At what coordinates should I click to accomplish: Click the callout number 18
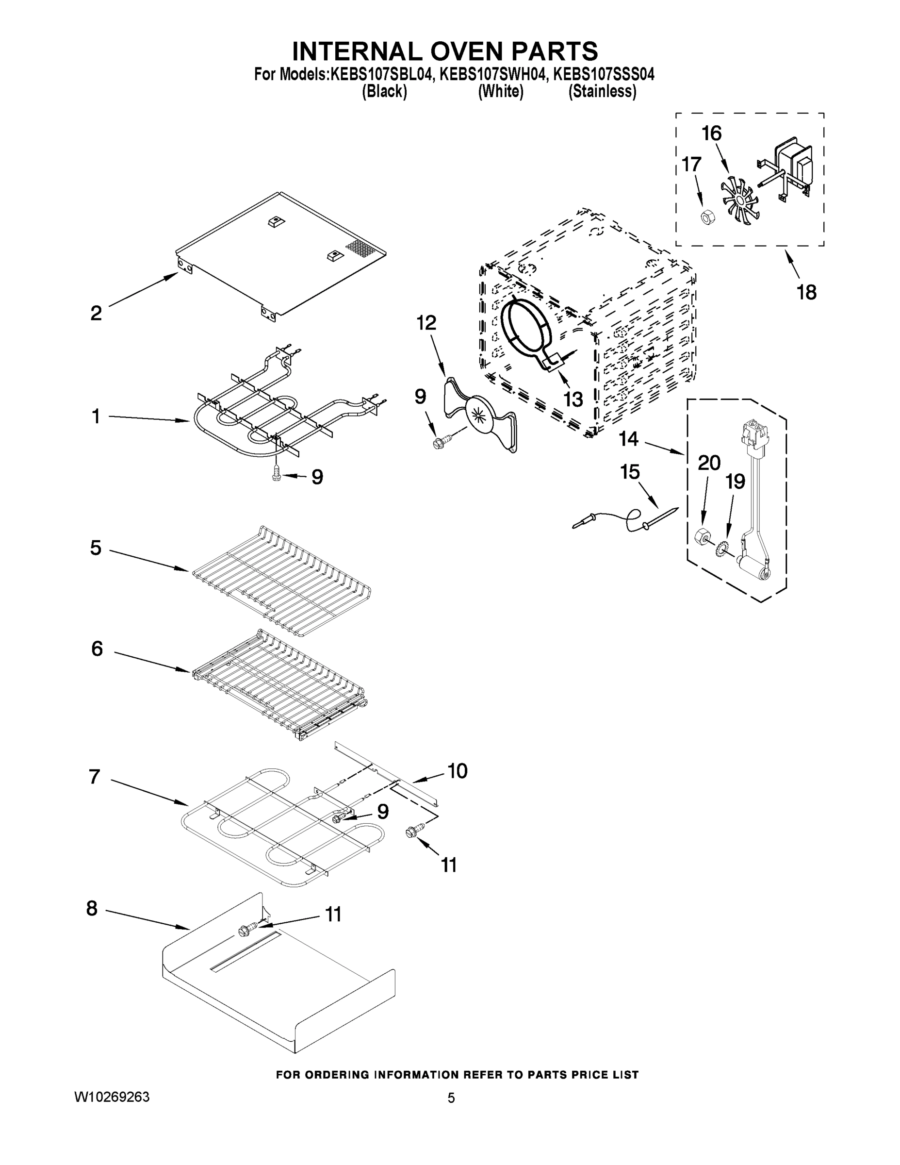tap(806, 292)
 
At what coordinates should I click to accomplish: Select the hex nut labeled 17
tap(705, 216)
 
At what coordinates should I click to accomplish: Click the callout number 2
tap(96, 313)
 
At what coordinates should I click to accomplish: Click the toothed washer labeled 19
tap(724, 547)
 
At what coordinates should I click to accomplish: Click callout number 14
tap(629, 439)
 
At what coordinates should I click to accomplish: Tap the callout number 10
tap(458, 771)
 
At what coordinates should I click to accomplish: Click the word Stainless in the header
tap(602, 92)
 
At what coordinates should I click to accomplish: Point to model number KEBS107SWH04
tap(493, 74)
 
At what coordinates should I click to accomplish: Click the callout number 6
tap(97, 649)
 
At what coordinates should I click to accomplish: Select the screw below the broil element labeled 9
tap(277, 473)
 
